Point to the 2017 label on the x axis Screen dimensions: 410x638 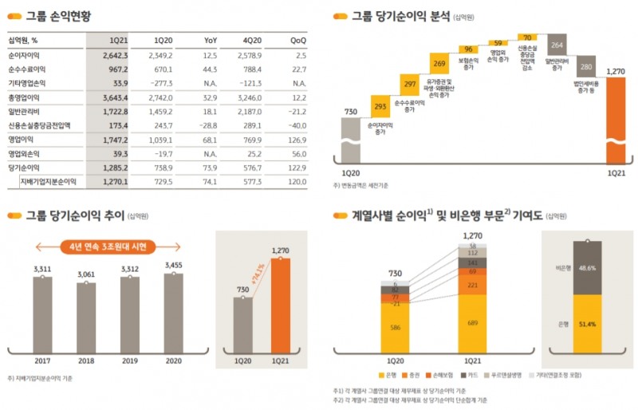pos(42,359)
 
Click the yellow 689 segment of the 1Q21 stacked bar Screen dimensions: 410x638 pos(472,322)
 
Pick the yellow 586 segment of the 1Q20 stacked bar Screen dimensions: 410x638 pos(395,327)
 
